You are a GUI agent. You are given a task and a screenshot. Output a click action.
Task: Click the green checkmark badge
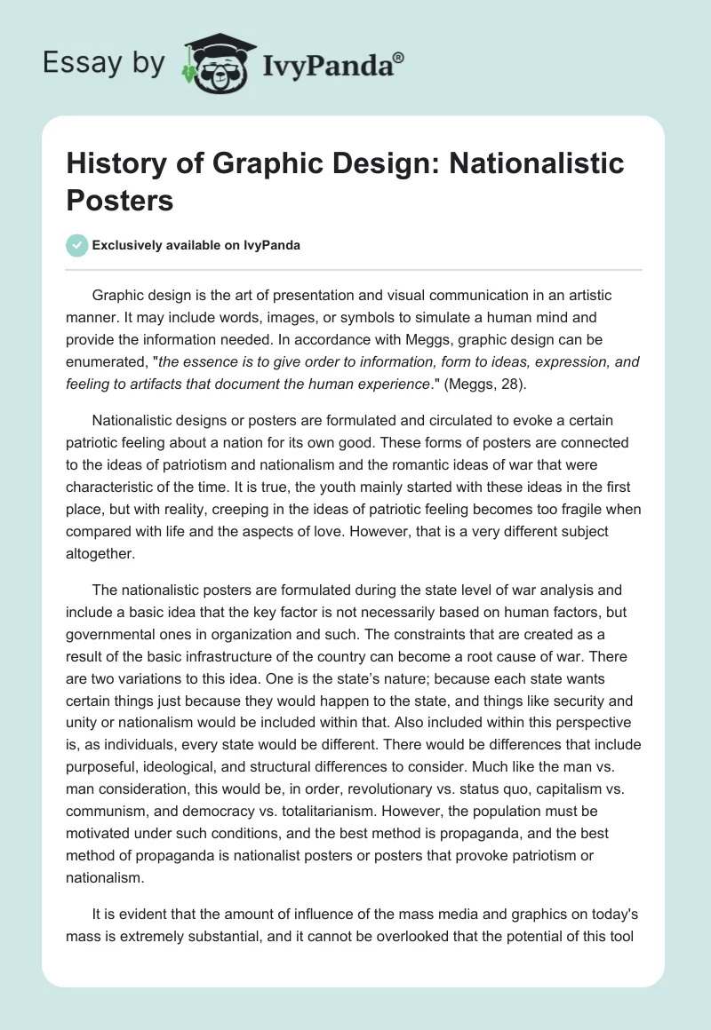coord(77,245)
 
